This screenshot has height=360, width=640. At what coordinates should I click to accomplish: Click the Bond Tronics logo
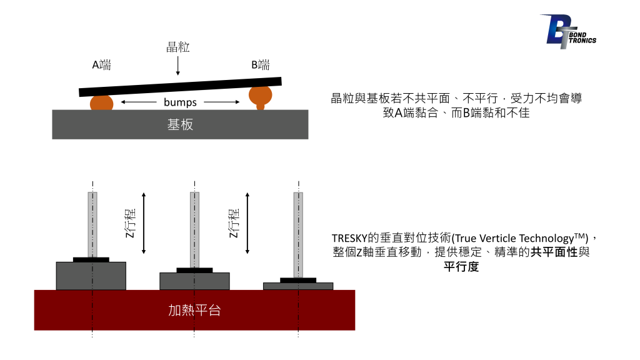567,31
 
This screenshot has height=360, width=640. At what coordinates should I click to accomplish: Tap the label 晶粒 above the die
177,47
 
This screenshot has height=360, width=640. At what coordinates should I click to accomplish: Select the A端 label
101,65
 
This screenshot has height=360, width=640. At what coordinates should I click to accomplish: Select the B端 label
260,65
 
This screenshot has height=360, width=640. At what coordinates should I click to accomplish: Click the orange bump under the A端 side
102,103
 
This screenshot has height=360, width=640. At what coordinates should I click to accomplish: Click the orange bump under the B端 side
261,96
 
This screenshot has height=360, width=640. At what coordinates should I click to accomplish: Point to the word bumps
180,102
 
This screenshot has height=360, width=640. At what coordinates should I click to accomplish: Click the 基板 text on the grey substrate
180,124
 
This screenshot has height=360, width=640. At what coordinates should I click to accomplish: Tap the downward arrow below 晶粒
178,66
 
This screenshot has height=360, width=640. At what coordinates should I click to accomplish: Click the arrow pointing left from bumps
139,102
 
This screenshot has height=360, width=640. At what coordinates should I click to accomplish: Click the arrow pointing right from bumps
222,102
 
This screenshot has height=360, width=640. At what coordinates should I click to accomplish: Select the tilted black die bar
180,87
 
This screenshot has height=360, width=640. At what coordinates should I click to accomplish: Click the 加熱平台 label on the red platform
194,310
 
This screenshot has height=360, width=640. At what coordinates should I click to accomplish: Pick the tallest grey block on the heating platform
91,276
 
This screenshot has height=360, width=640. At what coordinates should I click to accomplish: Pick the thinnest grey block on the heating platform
298,286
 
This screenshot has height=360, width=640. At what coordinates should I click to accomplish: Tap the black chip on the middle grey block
194,270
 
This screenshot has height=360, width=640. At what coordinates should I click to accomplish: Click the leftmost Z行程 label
130,223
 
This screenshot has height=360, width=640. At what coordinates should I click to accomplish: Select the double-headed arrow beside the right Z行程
247,223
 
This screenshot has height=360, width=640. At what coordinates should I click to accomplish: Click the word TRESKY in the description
349,238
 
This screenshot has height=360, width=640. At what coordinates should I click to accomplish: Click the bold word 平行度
461,266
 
